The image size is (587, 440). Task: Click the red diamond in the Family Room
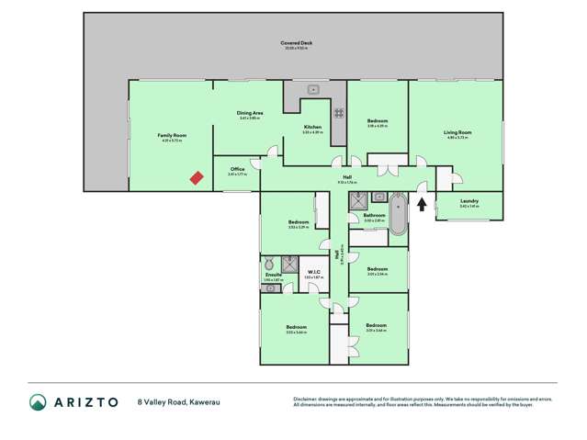197,178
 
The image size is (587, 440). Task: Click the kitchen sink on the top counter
313,89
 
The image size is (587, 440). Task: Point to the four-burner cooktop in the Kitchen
338,113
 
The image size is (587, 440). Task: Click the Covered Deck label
294,43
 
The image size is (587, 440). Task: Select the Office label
237,169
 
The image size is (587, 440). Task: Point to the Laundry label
468,201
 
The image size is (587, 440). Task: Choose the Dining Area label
250,113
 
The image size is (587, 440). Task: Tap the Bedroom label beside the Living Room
378,121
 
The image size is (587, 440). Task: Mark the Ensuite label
272,275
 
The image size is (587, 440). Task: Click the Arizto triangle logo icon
39,402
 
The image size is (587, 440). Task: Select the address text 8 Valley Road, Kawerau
178,402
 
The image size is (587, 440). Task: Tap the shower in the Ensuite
290,265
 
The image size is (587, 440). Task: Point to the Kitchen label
313,128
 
